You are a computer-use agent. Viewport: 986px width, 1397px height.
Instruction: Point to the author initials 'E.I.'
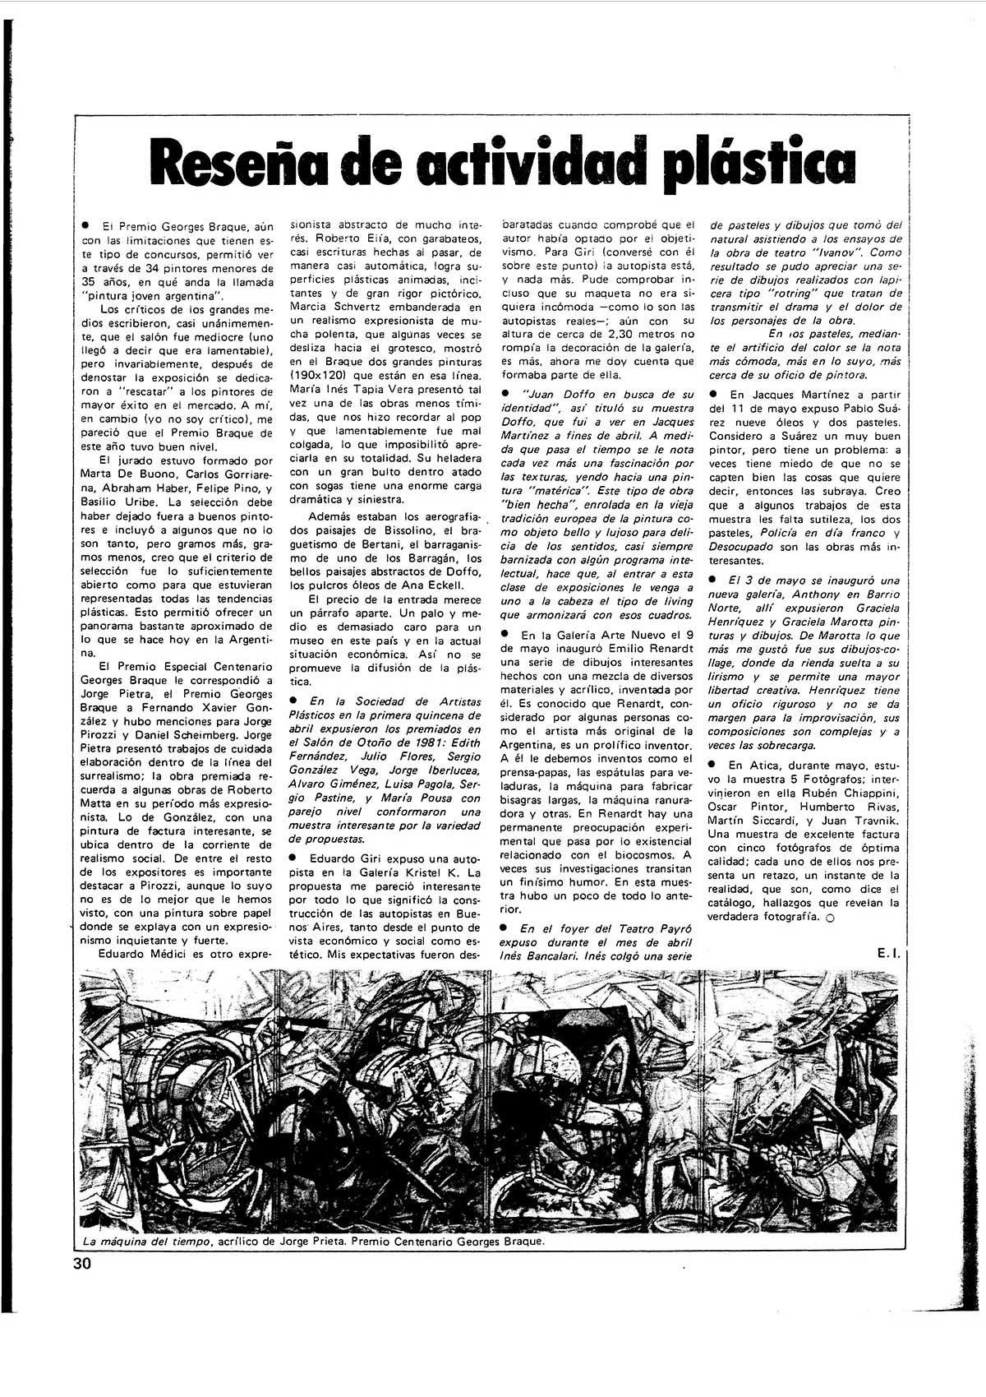[888, 953]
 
